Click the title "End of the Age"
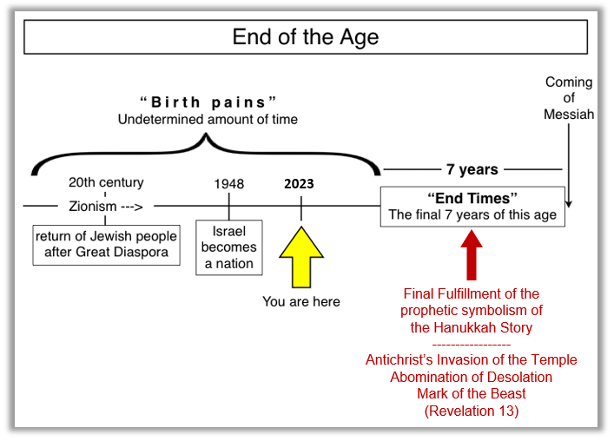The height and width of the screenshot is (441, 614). point(306,37)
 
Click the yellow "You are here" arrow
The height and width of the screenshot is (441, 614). point(301,257)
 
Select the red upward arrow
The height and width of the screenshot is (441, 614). point(472,255)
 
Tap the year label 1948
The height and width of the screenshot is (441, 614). point(229,183)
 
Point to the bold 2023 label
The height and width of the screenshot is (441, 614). point(299,183)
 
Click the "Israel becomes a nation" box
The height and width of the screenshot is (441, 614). point(229,247)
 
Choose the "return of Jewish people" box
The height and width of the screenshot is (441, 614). point(107,245)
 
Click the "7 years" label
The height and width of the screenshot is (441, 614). point(472,169)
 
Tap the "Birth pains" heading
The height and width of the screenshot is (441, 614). point(208,102)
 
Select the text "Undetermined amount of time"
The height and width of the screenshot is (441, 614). point(208,119)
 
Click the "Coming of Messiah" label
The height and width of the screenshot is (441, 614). point(569,98)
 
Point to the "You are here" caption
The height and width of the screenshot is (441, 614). point(301,302)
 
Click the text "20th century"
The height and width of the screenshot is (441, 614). point(106,182)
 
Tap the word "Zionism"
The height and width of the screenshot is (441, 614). point(93,207)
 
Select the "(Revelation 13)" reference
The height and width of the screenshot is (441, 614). point(472,411)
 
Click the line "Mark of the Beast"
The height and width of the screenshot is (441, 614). point(472,393)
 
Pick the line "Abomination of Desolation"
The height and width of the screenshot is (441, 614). point(472,377)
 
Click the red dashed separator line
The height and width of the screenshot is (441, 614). point(472,345)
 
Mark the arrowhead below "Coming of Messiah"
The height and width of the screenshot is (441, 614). point(569,204)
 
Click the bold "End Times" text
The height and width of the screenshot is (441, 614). point(472,199)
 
